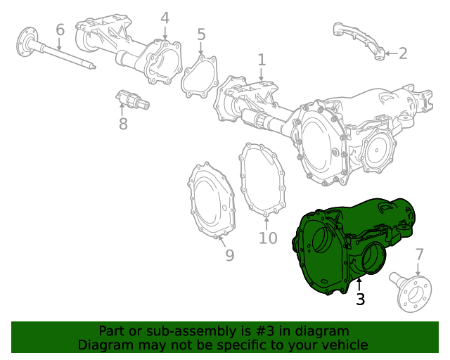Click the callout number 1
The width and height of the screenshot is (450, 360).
pyautogui.click(x=262, y=60)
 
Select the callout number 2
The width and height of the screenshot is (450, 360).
pyautogui.click(x=402, y=53)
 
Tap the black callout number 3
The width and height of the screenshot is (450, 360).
pyautogui.click(x=360, y=300)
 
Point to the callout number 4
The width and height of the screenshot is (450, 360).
pyautogui.click(x=165, y=18)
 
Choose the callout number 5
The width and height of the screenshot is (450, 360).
pyautogui.click(x=201, y=34)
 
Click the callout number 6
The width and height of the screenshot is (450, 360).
pyautogui.click(x=60, y=30)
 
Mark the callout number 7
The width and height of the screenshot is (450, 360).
pyautogui.click(x=419, y=254)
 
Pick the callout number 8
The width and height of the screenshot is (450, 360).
pyautogui.click(x=123, y=124)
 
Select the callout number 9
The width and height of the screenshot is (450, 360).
pyautogui.click(x=229, y=256)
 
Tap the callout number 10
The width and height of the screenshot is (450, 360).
pyautogui.click(x=267, y=238)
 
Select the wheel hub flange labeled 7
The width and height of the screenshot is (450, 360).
pyautogui.click(x=413, y=294)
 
